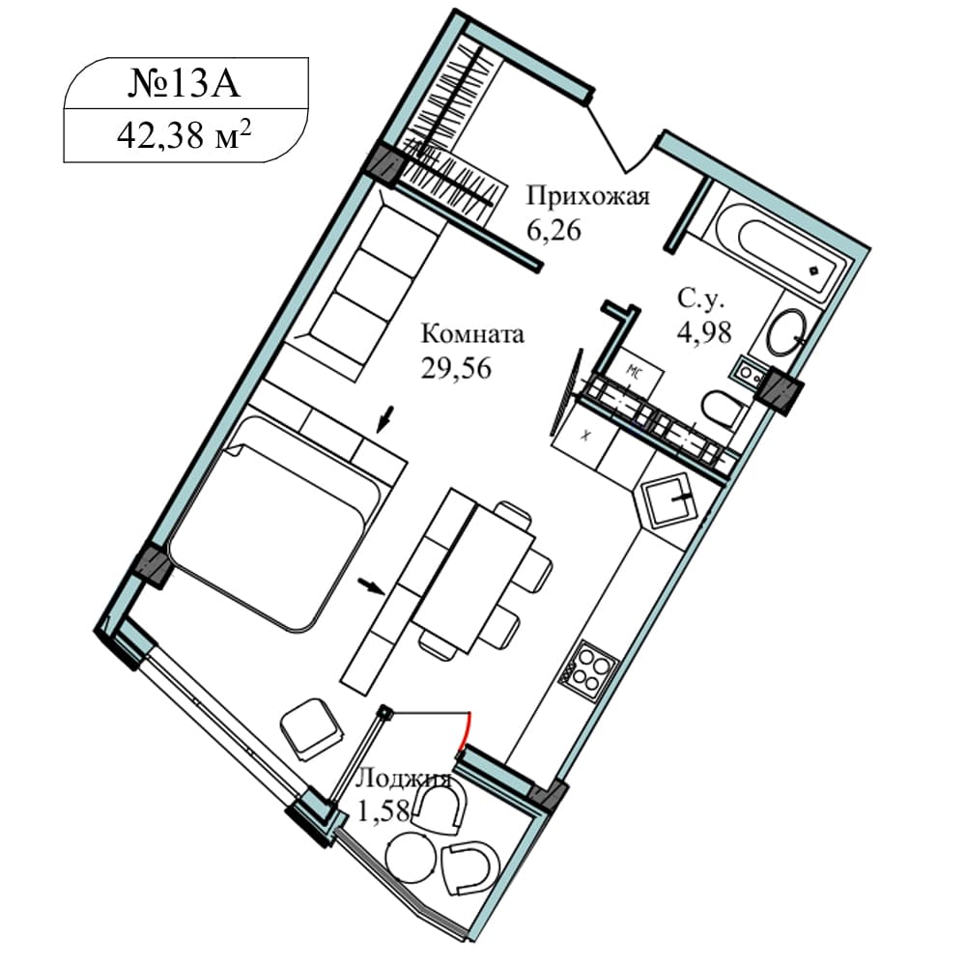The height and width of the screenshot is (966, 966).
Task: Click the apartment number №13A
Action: [184, 84]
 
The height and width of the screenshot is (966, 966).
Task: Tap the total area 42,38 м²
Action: [184, 135]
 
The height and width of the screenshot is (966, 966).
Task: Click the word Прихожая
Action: [587, 196]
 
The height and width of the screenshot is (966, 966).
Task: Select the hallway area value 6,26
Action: [554, 231]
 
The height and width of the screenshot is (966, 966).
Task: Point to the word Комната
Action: [472, 334]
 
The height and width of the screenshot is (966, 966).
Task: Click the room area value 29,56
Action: [456, 368]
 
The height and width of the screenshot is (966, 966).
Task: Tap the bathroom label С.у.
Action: [701, 299]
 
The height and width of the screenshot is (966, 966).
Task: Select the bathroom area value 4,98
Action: [703, 332]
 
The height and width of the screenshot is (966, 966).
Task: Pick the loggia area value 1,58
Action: [384, 811]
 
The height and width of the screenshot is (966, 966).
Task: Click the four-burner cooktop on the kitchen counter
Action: [587, 669]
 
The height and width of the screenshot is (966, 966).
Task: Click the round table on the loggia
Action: [411, 859]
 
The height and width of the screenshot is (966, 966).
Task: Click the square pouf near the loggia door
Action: [311, 729]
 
